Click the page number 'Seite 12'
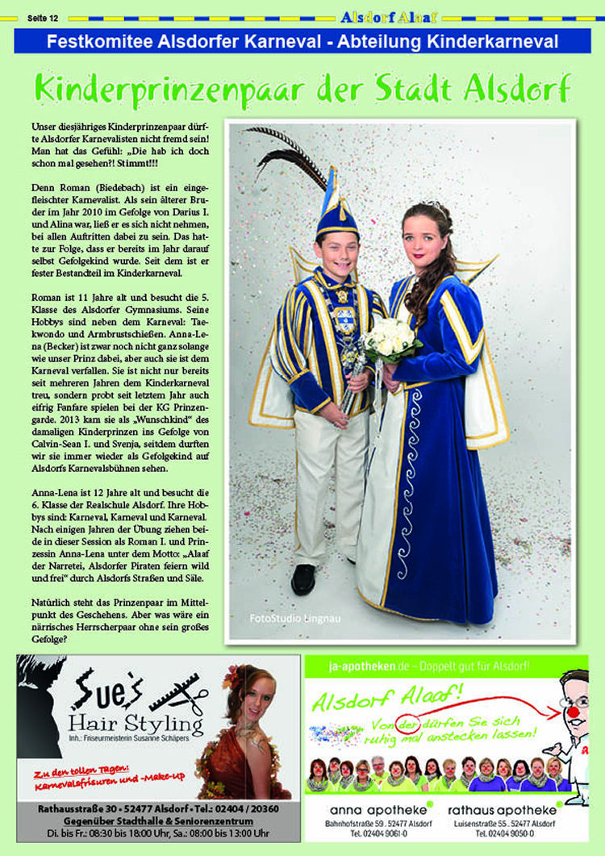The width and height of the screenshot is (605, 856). click(42, 16)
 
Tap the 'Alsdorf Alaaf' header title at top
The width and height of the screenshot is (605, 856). click(388, 16)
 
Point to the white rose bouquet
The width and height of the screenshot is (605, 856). click(390, 338)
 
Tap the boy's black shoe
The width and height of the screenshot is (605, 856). click(303, 578)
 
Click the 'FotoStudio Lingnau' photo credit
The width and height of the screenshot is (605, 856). click(283, 618)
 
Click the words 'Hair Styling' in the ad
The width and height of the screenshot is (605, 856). click(136, 720)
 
